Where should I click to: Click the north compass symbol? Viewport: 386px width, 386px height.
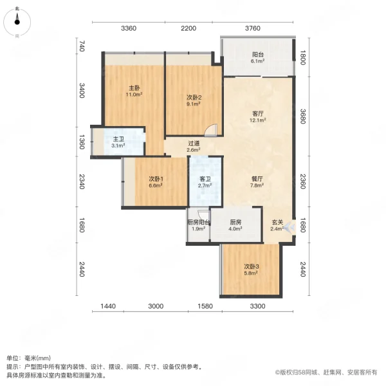point(17,22)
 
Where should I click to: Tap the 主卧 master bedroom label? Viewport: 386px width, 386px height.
point(134,88)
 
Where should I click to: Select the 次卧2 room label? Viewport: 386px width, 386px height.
point(194,98)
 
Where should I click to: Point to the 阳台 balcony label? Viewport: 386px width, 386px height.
point(258,55)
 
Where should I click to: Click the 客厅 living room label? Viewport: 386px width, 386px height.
point(258,114)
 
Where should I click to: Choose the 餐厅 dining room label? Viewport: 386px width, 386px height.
point(257,179)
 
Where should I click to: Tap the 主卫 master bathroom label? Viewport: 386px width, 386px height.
point(118,140)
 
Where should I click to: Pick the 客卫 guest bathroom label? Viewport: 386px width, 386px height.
point(205,179)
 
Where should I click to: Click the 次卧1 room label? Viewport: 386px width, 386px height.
point(156,179)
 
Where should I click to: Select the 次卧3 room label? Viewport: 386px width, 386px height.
point(252,266)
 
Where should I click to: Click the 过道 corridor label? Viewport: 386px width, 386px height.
point(194,143)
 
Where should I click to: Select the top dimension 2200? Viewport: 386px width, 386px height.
point(188,28)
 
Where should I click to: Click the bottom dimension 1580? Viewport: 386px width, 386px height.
point(205,306)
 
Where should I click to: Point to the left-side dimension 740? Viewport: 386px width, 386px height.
point(82,46)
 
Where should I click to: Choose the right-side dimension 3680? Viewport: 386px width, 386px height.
point(303,116)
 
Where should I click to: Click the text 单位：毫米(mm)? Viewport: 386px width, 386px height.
point(28,358)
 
